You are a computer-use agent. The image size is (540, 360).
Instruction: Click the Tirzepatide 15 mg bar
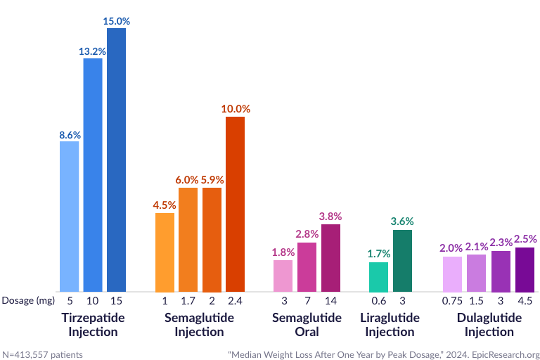pyautogui.click(x=116, y=160)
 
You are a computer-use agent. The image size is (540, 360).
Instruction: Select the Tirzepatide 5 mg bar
pyautogui.click(x=69, y=217)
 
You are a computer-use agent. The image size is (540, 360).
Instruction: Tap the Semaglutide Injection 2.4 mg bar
pyautogui.click(x=235, y=204)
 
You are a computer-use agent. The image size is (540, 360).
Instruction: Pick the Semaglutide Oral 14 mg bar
pyautogui.click(x=330, y=257)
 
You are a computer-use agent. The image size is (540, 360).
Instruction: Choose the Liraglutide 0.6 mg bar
pyautogui.click(x=378, y=277)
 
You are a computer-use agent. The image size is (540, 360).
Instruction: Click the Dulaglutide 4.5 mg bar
pyautogui.click(x=525, y=269)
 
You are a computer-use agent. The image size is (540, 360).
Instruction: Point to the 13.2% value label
pyautogui.click(x=93, y=50)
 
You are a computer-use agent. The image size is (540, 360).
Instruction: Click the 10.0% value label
pyautogui.click(x=235, y=109)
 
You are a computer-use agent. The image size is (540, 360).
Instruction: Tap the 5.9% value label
pyautogui.click(x=212, y=179)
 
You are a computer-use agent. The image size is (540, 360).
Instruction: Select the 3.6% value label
pyautogui.click(x=402, y=221)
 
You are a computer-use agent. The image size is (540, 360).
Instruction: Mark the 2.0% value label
pyautogui.click(x=452, y=247)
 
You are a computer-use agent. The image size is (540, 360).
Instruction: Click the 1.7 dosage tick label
pyautogui.click(x=188, y=301)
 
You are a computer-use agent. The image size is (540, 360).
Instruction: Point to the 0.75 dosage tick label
pyautogui.click(x=452, y=301)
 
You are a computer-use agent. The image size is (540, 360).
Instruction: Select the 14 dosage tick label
pyautogui.click(x=330, y=301)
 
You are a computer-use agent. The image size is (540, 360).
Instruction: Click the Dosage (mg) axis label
pyautogui.click(x=27, y=301)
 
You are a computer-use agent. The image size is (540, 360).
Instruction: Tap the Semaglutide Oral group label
pyautogui.click(x=307, y=325)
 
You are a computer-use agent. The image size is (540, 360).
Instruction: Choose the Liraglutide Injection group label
pyautogui.click(x=390, y=325)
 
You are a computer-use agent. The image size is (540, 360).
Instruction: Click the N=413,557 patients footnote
pyautogui.click(x=43, y=354)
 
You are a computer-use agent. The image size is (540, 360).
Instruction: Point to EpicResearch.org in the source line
pyautogui.click(x=505, y=354)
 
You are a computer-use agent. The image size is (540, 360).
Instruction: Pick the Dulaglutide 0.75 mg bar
pyautogui.click(x=452, y=274)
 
